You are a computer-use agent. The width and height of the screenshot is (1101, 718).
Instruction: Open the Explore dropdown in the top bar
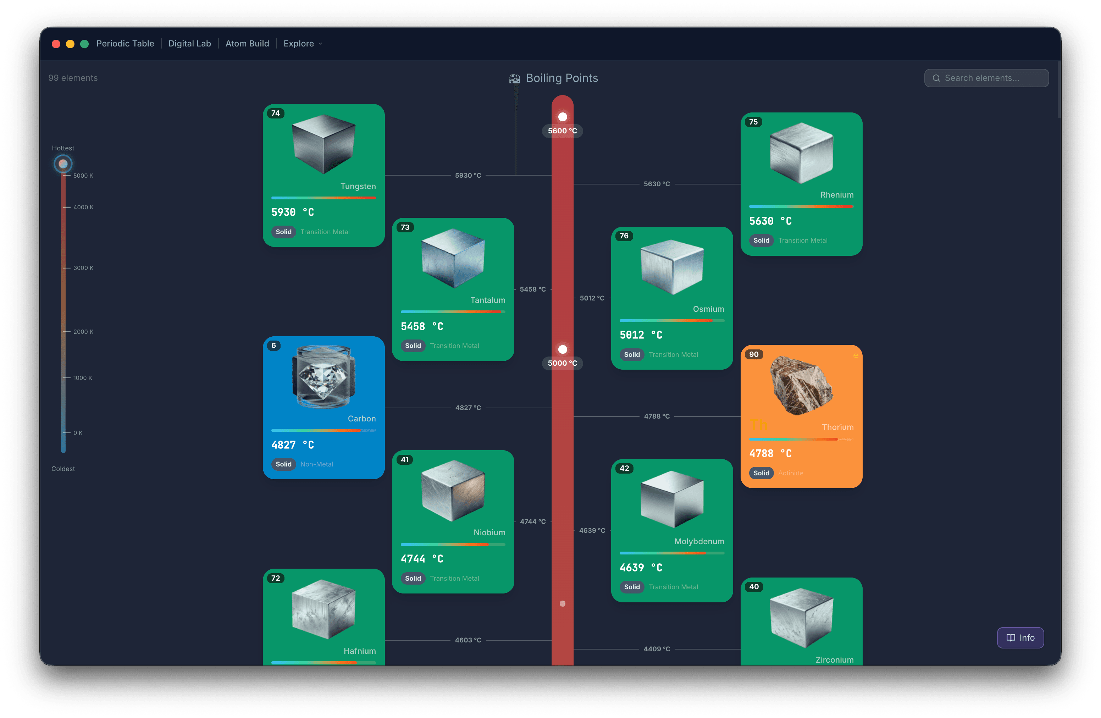(x=303, y=44)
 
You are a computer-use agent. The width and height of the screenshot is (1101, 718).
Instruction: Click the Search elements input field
(x=986, y=78)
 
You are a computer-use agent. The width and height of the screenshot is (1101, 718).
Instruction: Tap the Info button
(x=1020, y=637)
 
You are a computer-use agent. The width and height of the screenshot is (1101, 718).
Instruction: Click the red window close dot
(x=56, y=44)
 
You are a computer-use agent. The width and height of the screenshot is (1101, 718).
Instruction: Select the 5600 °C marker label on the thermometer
(x=562, y=131)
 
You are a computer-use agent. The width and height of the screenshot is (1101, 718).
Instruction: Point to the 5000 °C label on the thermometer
(x=562, y=363)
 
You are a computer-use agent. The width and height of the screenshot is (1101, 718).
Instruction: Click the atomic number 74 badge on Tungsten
(x=276, y=114)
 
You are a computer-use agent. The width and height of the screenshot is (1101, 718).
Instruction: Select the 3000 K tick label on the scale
(x=83, y=268)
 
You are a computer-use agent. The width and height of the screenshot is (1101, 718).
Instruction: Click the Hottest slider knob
(x=63, y=164)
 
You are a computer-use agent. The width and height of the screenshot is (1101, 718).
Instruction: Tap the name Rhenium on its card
(x=836, y=195)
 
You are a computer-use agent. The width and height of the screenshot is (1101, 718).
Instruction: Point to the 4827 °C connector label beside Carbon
(x=468, y=408)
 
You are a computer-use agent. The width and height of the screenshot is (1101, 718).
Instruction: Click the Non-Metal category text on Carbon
(x=316, y=464)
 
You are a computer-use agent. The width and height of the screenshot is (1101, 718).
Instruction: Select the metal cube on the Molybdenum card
(x=672, y=499)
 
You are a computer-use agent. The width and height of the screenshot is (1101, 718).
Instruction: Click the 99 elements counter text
(x=73, y=78)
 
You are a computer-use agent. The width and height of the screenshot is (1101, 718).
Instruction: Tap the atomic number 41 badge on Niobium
(x=405, y=460)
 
